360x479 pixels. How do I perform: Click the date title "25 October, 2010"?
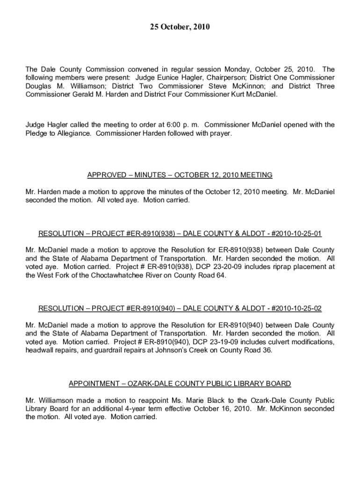[180, 28]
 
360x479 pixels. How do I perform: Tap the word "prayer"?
[220, 133]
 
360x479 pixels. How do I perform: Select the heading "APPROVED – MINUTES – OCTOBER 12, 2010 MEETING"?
[180, 175]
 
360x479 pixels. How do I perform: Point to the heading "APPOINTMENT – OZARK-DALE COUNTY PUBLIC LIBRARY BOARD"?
[180, 384]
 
